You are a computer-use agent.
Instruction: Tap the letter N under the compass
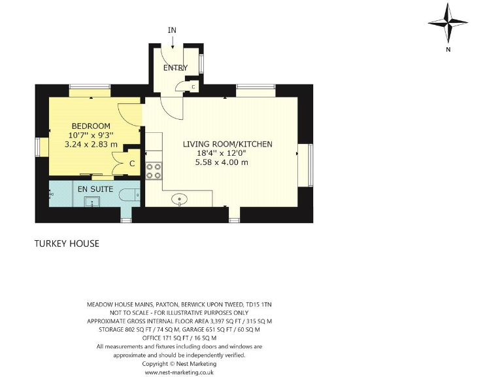coord(448,49)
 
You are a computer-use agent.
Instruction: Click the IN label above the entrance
coord(172,30)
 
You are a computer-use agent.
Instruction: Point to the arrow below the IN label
coord(172,41)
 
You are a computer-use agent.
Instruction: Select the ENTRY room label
coord(175,67)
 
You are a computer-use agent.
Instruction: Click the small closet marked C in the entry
coord(193,86)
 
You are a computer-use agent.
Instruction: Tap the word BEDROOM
coord(91,126)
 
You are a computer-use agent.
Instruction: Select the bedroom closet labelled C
coord(131,163)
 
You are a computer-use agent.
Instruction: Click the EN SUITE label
coord(95,188)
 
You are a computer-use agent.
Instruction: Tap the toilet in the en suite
coord(132,194)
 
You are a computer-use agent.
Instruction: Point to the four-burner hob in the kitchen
coord(154,171)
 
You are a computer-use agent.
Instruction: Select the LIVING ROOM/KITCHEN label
coord(227,144)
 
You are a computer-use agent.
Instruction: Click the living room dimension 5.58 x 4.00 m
coord(222,162)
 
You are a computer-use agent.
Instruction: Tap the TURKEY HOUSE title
coord(67,243)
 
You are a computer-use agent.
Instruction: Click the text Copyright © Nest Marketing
coord(179,363)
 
